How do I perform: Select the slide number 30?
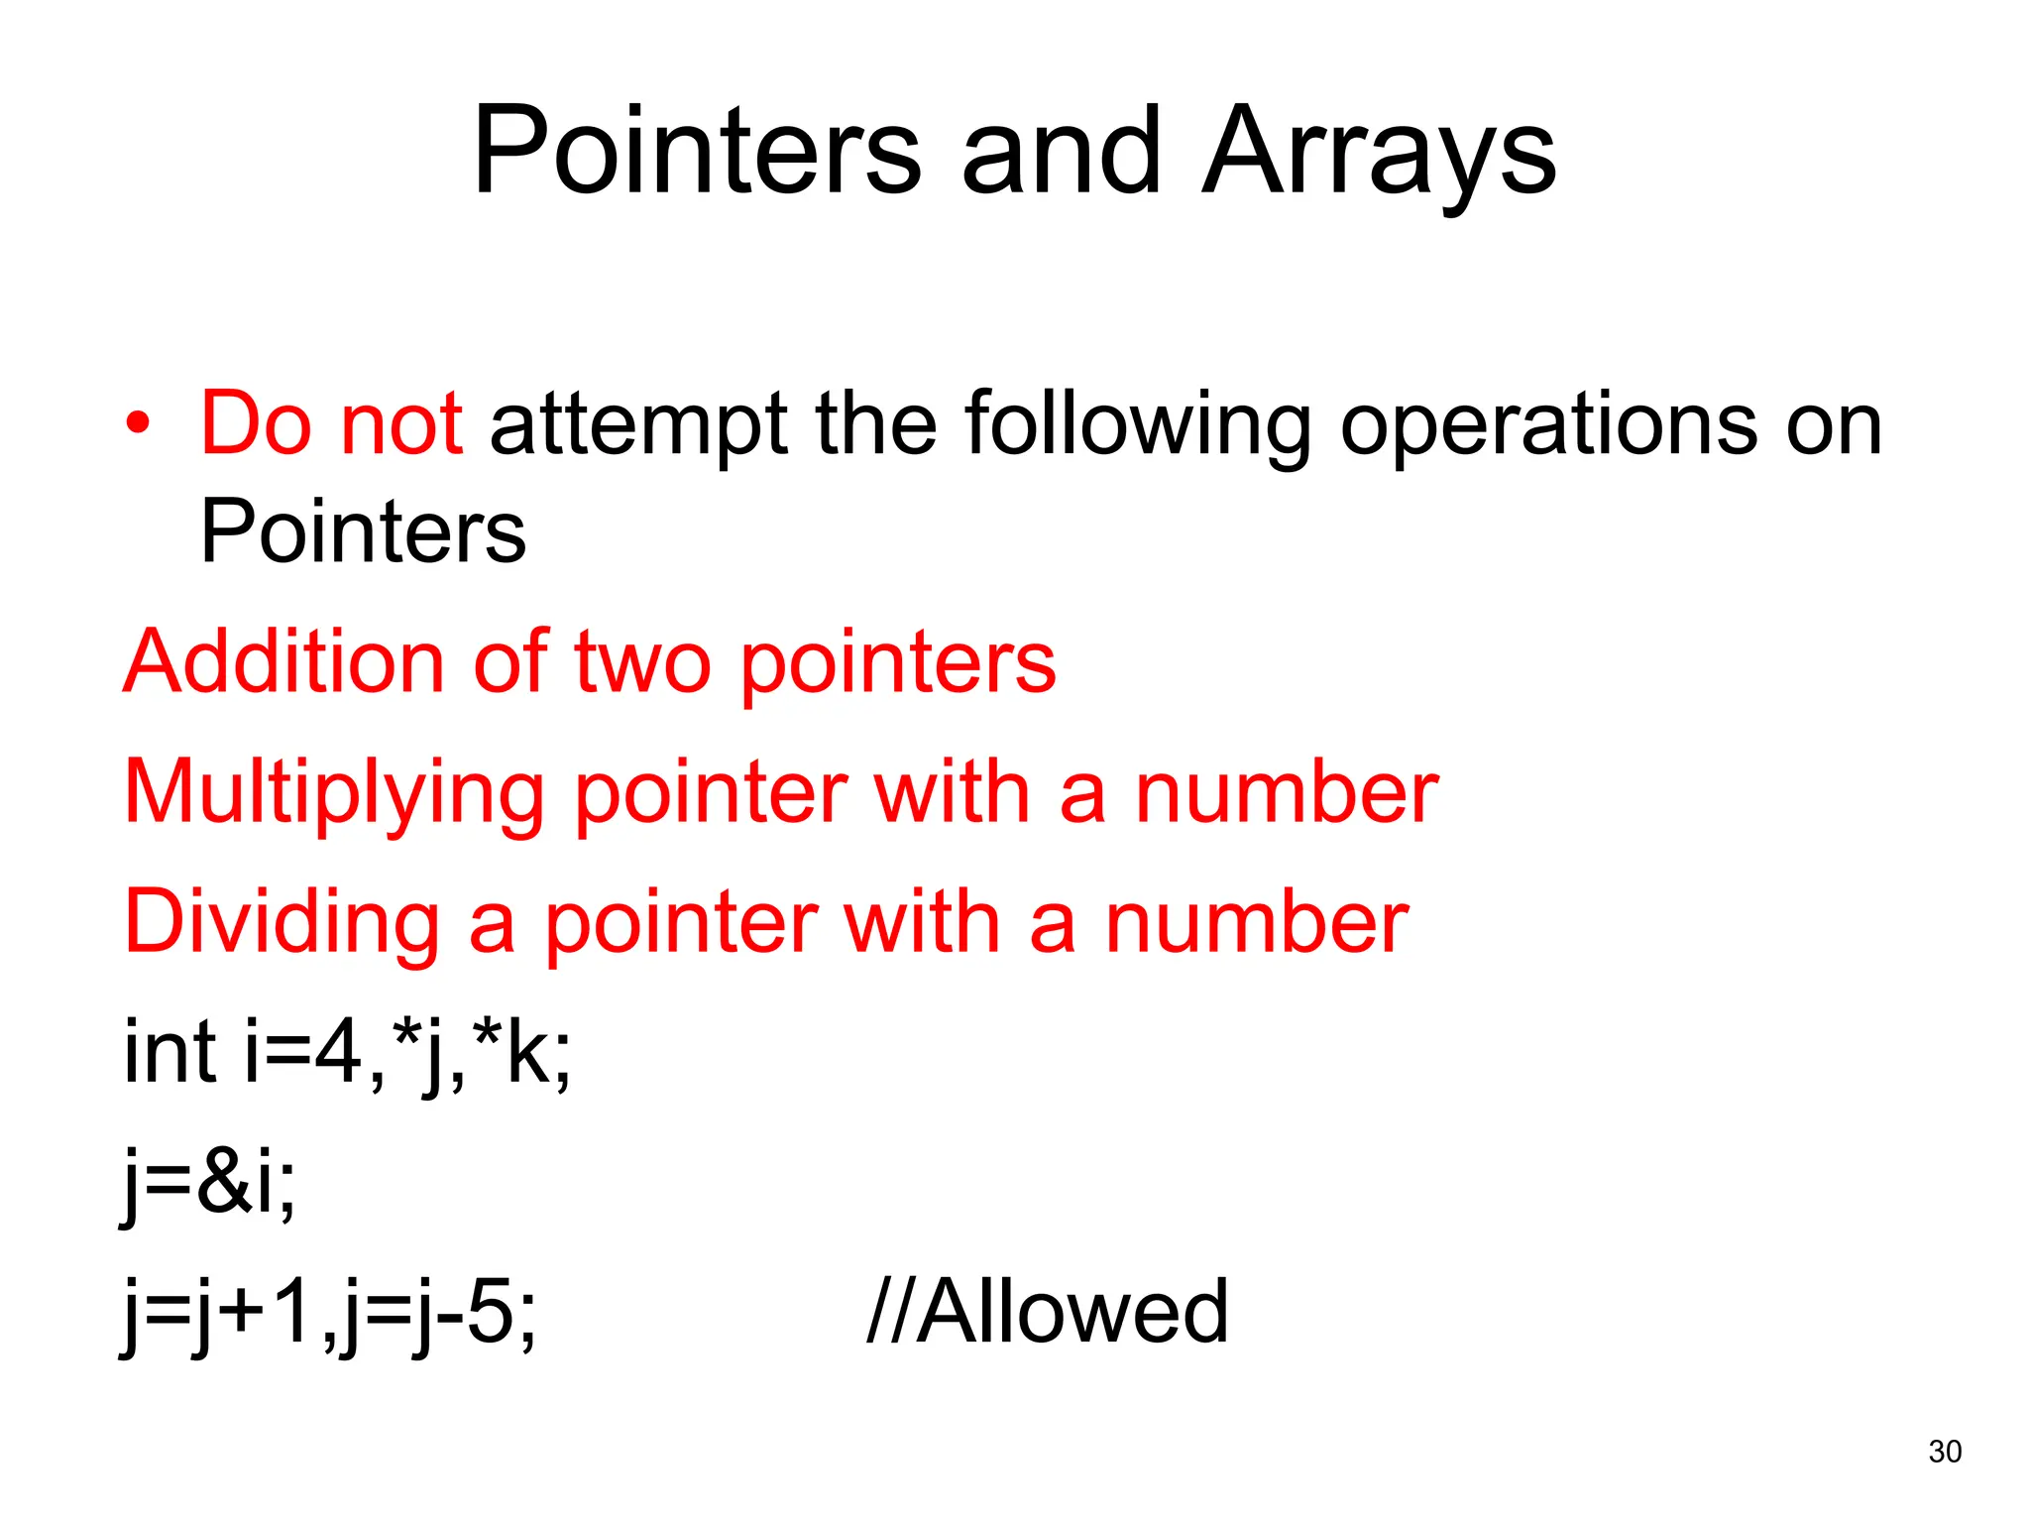tap(1945, 1451)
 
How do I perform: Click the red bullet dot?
tap(139, 424)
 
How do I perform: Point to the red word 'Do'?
tap(256, 424)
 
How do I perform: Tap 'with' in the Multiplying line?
tap(952, 793)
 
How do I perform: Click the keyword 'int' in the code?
tap(169, 1051)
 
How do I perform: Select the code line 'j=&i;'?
tap(209, 1182)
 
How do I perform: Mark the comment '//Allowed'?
tap(1048, 1311)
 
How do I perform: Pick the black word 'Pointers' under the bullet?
tap(363, 532)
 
